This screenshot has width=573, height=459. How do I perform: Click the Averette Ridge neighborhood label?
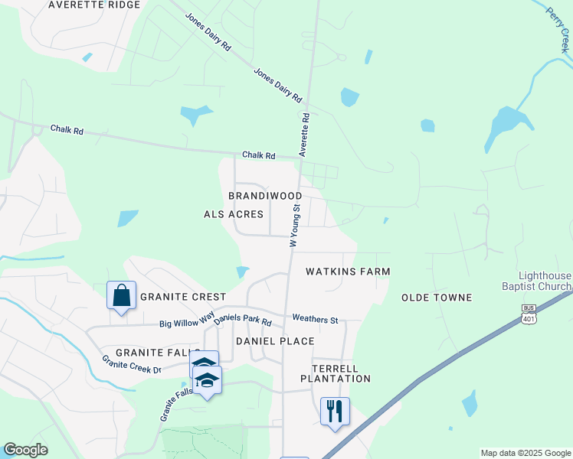94,5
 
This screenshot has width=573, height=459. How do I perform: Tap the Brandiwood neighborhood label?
265,196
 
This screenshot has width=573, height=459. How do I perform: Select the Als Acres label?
234,214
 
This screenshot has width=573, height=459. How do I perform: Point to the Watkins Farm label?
348,272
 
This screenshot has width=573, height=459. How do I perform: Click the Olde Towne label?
437,297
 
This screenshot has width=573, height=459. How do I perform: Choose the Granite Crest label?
182,297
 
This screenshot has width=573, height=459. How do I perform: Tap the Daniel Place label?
275,340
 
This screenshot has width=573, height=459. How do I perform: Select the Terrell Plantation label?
336,373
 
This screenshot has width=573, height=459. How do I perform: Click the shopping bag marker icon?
122,295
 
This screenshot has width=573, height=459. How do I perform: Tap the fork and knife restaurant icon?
335,411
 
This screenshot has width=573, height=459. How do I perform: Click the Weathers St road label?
315,319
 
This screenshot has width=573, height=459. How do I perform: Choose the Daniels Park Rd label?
243,321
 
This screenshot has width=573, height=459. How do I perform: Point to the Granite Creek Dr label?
131,364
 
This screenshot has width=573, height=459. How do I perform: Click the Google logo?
25,450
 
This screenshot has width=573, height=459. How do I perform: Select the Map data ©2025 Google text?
525,453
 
